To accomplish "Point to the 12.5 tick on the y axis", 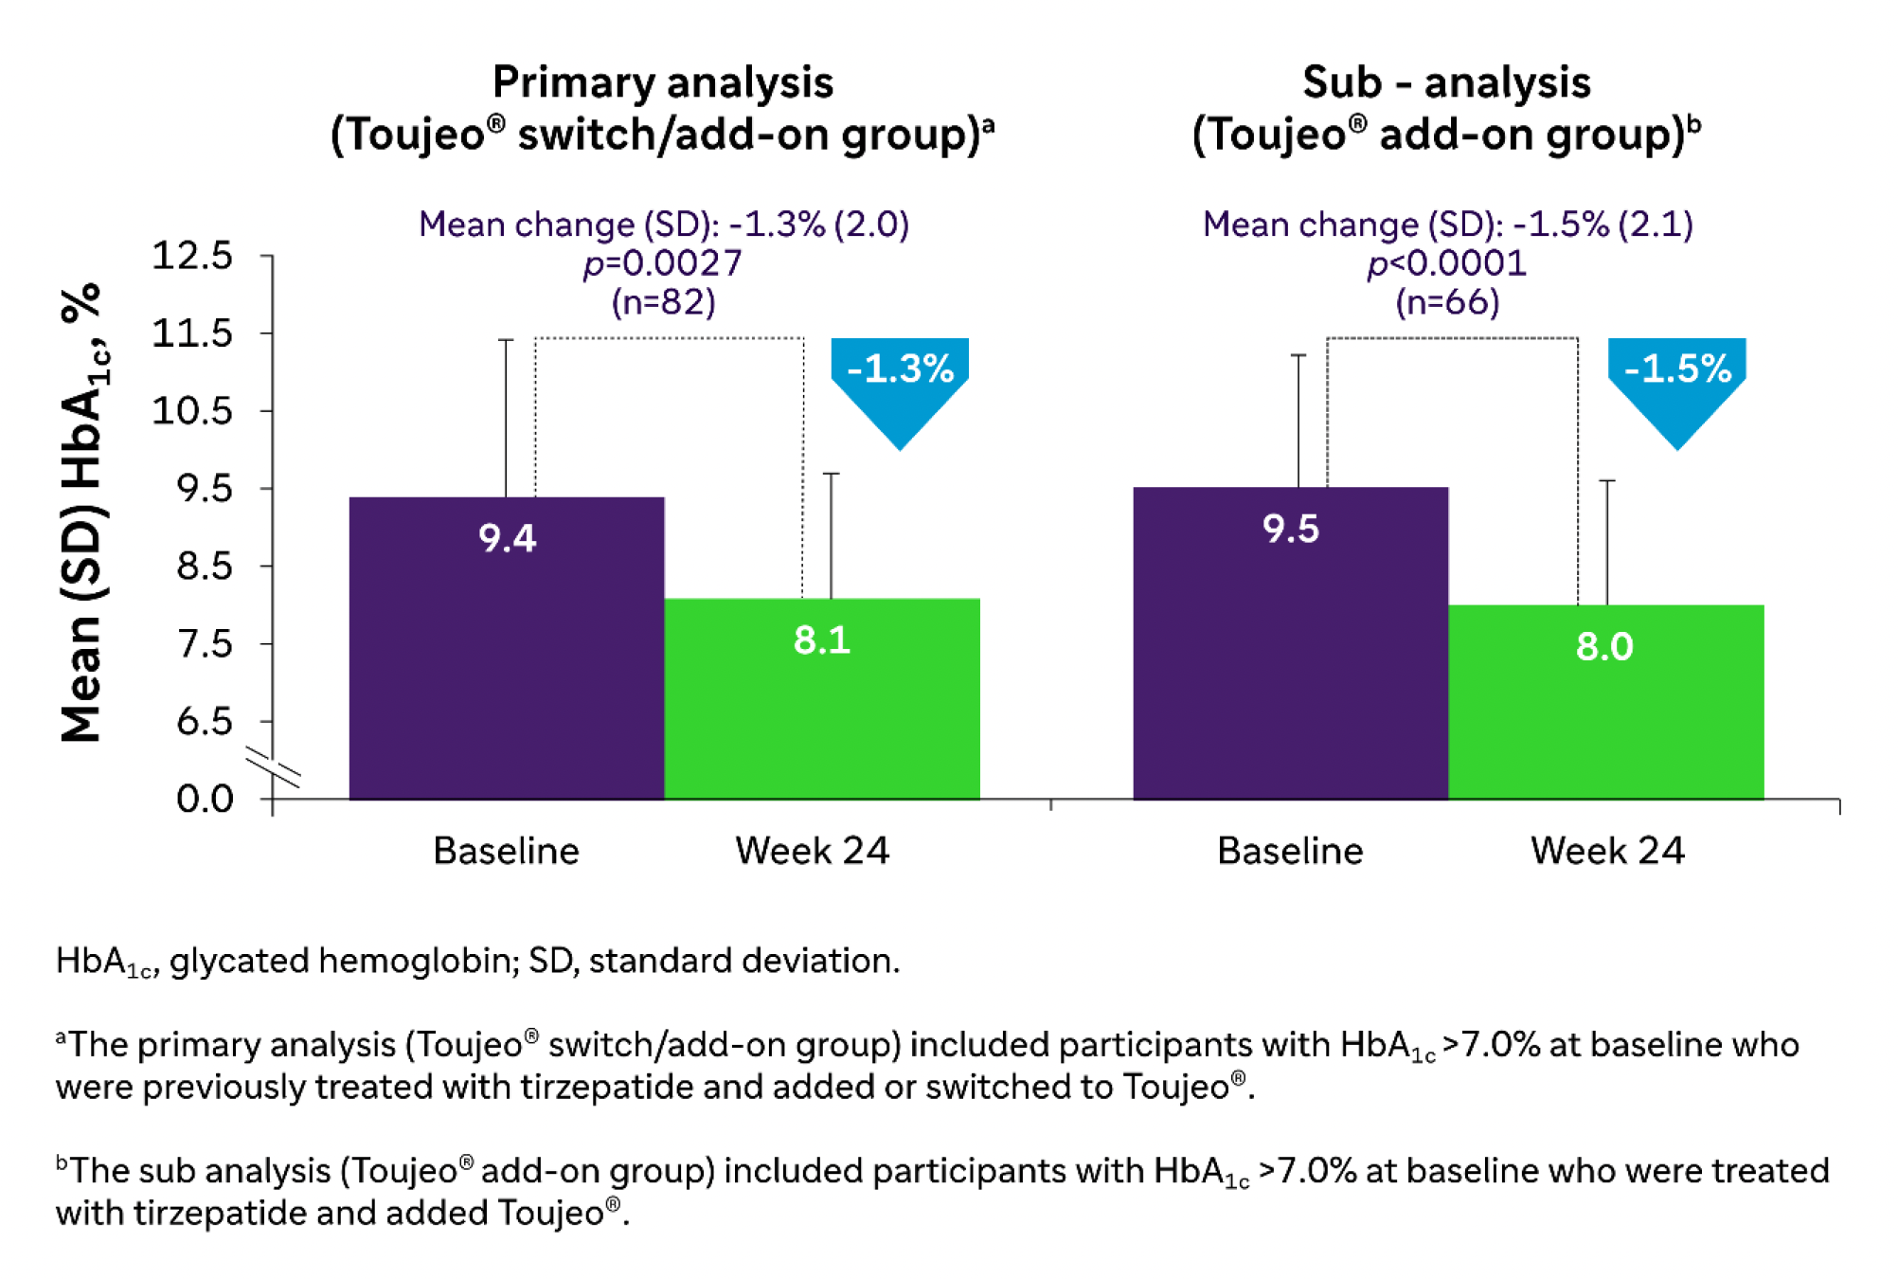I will coord(192,256).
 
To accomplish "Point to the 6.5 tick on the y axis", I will coord(204,722).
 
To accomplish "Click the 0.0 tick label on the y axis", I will coord(205,800).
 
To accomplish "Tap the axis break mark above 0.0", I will coord(273,766).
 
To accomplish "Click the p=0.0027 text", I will coord(663,263).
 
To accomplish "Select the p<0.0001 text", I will coord(1446,263).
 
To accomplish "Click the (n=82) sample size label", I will coord(663,302).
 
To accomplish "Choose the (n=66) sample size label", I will coord(1447,302).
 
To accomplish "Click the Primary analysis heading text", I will coord(663,83).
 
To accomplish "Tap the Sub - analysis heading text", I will coord(1446,83).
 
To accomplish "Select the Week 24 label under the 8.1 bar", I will coord(812,851).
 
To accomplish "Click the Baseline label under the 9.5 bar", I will coord(1290,851).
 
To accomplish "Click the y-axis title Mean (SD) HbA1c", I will coord(82,512).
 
